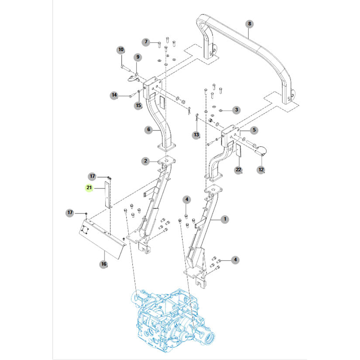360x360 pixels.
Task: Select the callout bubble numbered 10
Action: pos(121,50)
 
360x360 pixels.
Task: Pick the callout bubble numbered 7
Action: pos(147,42)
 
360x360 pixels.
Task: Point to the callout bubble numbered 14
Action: pos(114,95)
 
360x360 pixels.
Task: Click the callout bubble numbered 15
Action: pos(138,105)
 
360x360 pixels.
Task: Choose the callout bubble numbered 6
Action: pos(148,130)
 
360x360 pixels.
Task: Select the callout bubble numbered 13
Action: pos(196,135)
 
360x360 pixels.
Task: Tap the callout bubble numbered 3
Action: pos(236,110)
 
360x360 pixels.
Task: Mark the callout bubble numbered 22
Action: pos(238,170)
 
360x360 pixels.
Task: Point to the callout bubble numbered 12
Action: pos(261,169)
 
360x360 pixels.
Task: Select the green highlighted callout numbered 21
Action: pos(89,188)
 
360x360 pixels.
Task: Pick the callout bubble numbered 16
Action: pos(103,264)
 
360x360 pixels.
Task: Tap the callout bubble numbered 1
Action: pos(225,219)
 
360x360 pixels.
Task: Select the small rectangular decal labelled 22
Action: pos(239,151)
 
